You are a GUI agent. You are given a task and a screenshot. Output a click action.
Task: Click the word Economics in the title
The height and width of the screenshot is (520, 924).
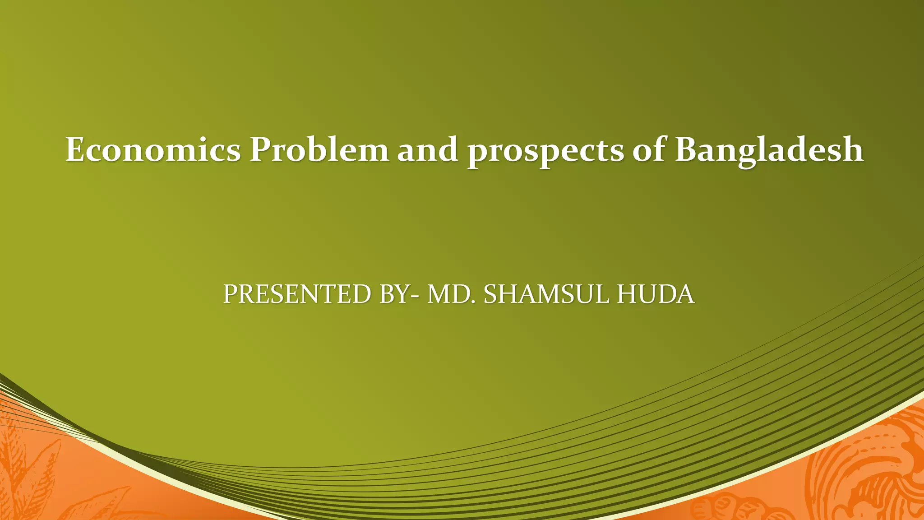(x=153, y=149)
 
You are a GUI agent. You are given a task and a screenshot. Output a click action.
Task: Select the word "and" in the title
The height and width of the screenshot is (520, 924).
(x=428, y=149)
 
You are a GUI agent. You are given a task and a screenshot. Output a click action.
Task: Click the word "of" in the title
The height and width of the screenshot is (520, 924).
(x=649, y=149)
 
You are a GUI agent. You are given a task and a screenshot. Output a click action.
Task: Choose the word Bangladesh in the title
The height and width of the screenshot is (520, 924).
(x=769, y=149)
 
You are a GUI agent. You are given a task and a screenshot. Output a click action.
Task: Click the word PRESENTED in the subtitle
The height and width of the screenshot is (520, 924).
(x=297, y=294)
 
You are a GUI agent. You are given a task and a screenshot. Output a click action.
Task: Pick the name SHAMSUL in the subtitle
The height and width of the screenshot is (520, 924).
(x=546, y=294)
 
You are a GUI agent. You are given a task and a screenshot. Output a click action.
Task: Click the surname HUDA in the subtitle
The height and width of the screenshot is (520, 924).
(x=655, y=294)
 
